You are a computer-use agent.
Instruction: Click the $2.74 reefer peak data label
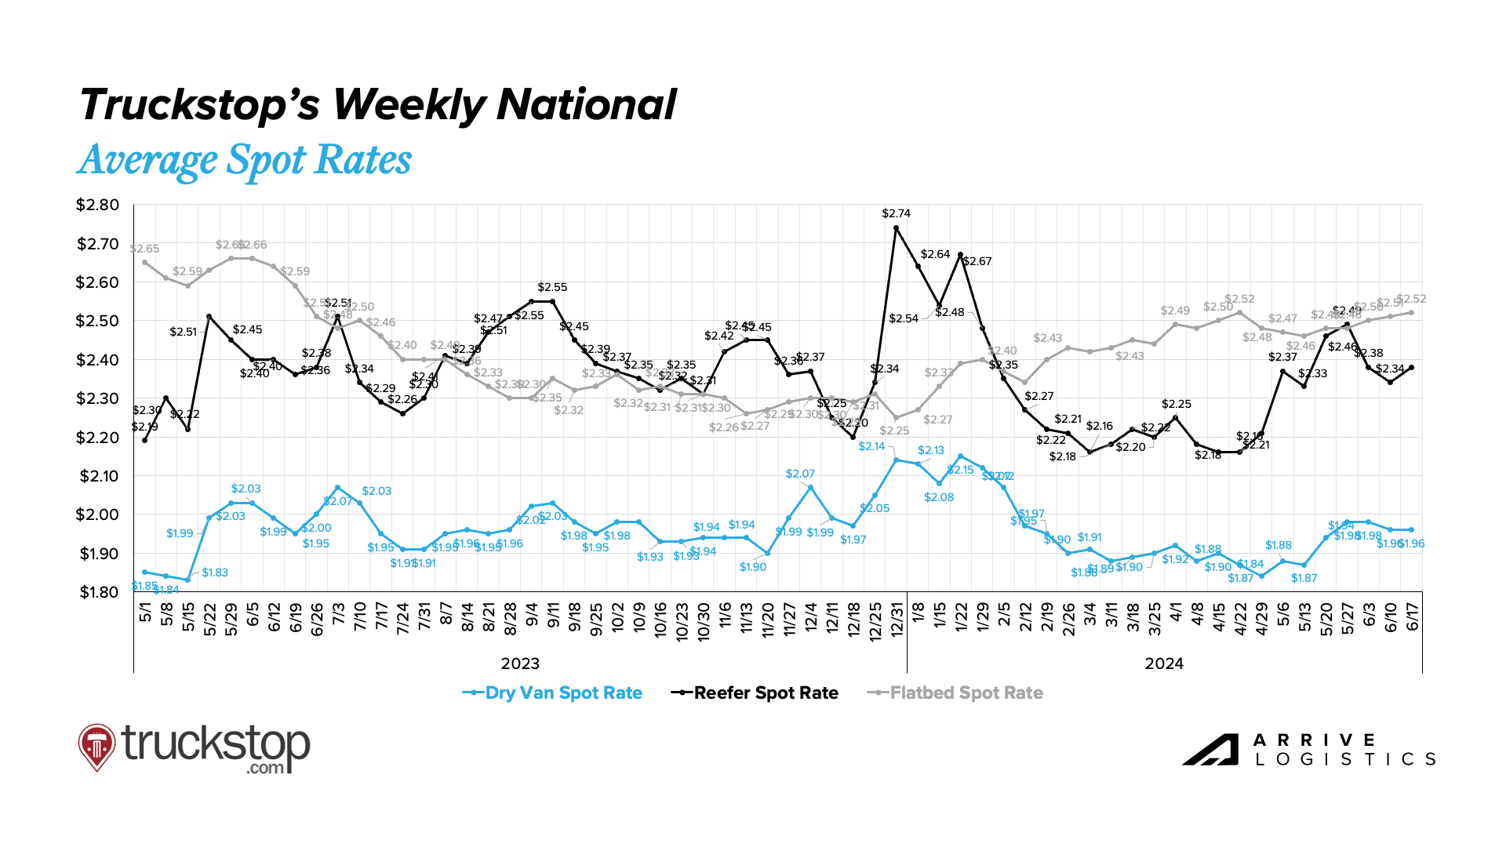896,213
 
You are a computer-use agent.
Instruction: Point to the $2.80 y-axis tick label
98,205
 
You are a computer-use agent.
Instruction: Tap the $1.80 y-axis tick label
98,592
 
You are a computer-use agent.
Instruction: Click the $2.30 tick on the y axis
98,399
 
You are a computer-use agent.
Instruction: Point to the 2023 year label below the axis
520,664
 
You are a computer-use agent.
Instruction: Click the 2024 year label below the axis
1164,664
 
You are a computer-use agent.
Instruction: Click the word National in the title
586,105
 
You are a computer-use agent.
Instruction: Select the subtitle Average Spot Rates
245,160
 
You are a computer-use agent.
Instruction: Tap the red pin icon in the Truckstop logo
96,746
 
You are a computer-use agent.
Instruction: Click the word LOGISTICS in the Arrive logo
1345,759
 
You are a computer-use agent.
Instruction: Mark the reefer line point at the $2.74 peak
896,228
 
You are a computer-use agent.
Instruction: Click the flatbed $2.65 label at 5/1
145,249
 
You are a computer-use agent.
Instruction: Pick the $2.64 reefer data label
935,254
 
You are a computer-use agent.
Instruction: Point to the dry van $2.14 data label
871,446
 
